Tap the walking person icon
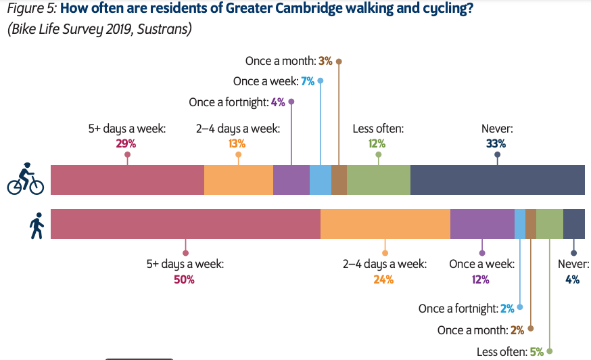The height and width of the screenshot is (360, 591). point(37,225)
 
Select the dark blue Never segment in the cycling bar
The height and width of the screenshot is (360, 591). point(497,180)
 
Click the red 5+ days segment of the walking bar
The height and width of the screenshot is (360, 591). point(185,224)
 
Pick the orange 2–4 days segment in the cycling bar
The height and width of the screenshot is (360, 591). point(238,180)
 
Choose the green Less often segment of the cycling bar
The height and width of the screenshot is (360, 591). point(378,180)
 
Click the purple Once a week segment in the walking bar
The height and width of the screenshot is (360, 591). point(482,224)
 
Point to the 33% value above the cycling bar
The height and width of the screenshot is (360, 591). point(496,143)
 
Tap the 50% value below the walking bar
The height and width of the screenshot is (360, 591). point(184,279)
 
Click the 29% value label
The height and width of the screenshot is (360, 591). point(126,143)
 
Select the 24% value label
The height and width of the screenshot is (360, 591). point(383,279)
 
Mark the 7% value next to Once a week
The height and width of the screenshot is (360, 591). point(308,81)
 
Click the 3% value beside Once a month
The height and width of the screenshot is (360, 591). point(325,61)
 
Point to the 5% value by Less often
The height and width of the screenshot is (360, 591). point(537,351)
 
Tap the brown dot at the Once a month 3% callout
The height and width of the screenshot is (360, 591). point(339,61)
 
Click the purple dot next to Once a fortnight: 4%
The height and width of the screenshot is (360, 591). point(291,102)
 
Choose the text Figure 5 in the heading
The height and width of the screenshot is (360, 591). point(30,11)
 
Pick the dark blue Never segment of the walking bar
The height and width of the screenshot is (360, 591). point(574,224)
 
